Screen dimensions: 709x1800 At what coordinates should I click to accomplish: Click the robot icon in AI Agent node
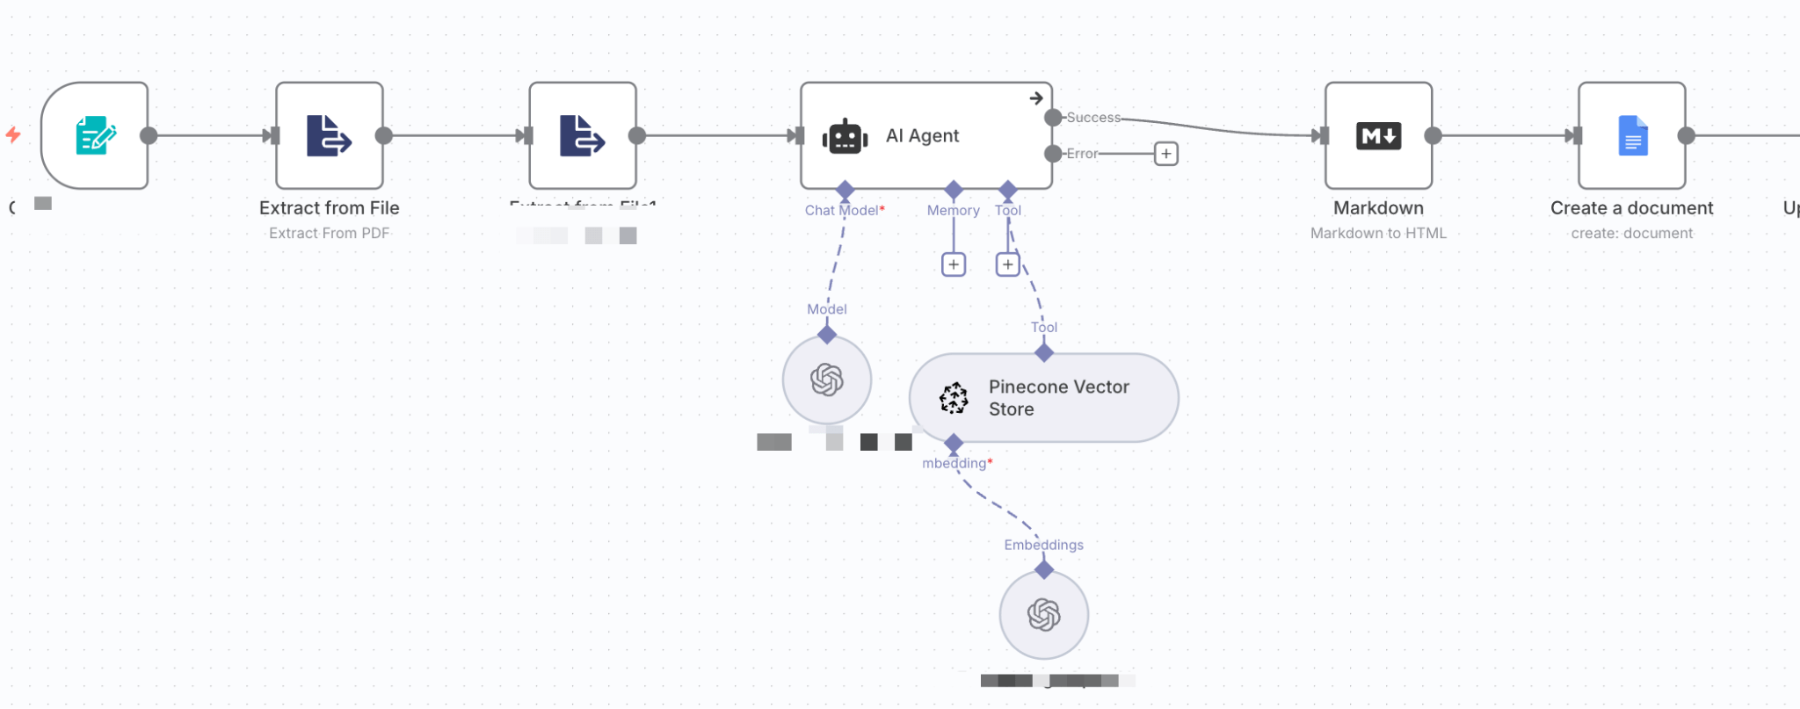pos(845,137)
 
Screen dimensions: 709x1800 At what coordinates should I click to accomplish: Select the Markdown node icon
pos(1378,136)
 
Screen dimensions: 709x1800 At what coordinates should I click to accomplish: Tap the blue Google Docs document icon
pos(1632,136)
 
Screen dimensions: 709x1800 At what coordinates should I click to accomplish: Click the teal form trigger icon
pos(95,136)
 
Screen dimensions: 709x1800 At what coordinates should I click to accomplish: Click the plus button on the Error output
pos(1165,154)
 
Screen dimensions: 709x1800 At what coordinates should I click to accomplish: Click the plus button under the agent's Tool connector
pos(1007,264)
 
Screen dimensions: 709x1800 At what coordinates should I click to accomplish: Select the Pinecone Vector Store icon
pos(954,398)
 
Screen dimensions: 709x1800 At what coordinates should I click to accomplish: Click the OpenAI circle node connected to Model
pos(826,380)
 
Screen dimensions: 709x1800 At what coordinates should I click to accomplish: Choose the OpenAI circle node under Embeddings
pos(1043,615)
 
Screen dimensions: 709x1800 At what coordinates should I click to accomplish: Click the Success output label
pos(1093,118)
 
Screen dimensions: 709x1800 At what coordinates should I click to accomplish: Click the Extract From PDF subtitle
pos(329,233)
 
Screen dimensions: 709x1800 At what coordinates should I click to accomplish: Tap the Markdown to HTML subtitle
pos(1377,233)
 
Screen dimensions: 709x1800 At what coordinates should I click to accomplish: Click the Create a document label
pos(1631,208)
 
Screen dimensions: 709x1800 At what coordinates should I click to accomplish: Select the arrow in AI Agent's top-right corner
pos(1036,98)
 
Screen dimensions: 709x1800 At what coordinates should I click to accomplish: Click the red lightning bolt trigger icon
pos(13,135)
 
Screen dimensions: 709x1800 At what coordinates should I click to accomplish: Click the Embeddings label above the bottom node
pos(1043,545)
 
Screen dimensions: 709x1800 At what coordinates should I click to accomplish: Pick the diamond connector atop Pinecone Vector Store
pos(1043,353)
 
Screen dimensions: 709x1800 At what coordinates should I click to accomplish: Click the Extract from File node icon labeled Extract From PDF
pos(329,136)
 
